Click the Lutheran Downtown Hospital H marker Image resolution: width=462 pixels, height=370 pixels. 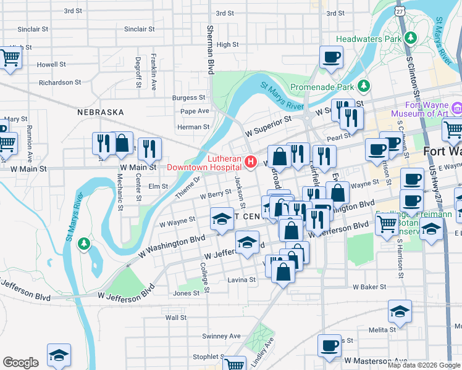pyautogui.click(x=251, y=162)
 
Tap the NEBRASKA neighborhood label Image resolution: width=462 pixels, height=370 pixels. pyautogui.click(x=101, y=112)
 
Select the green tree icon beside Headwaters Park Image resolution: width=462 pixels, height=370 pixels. pyautogui.click(x=409, y=38)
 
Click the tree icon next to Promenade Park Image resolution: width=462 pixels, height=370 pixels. pyautogui.click(x=364, y=85)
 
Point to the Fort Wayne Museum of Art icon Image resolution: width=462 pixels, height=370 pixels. pyautogui.click(x=456, y=109)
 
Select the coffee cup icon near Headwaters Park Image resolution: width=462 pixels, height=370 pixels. pyautogui.click(x=331, y=57)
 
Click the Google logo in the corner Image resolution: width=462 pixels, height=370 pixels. pyautogui.click(x=20, y=363)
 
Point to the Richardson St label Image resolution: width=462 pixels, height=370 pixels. pyautogui.click(x=60, y=82)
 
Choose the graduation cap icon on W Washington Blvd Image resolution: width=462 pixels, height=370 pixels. pyautogui.click(x=222, y=219)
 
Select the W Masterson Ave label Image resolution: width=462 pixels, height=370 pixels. pyautogui.click(x=376, y=360)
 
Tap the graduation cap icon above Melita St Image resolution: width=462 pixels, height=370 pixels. pyautogui.click(x=400, y=311)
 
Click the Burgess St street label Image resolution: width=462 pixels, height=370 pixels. pyautogui.click(x=188, y=97)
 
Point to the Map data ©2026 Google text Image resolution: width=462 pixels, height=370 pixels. pyautogui.click(x=423, y=365)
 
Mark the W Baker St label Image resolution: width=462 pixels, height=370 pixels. pyautogui.click(x=369, y=287)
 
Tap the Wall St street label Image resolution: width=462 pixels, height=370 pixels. pyautogui.click(x=176, y=318)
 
